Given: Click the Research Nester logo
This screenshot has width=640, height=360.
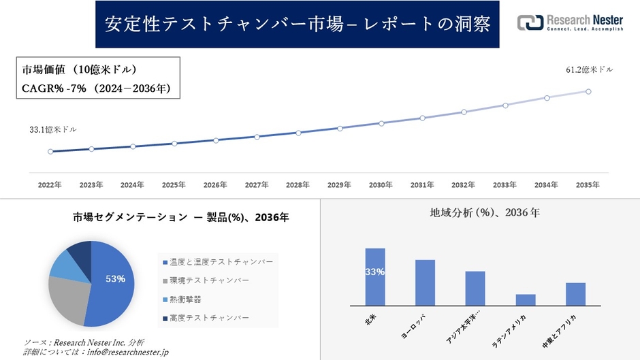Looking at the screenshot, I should [x=570, y=22].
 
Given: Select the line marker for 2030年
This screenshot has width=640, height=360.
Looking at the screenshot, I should [x=381, y=123].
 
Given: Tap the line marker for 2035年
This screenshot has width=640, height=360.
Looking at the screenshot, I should [x=588, y=91].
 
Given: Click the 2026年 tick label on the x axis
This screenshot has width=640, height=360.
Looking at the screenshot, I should [x=215, y=185].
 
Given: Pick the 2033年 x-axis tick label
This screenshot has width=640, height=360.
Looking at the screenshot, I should [x=505, y=185].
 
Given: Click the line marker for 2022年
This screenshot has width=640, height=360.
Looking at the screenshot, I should [x=50, y=152].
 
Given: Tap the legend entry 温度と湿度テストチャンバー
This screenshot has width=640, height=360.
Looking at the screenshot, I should [x=217, y=262].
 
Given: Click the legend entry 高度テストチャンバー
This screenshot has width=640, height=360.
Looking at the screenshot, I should [x=208, y=318].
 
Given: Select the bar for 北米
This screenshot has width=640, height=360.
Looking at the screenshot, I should [x=375, y=277].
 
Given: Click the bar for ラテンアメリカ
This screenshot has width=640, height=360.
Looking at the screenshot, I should [x=526, y=300].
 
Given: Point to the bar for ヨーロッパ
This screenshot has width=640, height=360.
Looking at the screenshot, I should [x=425, y=282].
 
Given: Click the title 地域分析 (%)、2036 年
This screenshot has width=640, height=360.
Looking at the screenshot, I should [x=485, y=213].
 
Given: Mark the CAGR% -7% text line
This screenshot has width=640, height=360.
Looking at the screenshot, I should [x=96, y=88].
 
